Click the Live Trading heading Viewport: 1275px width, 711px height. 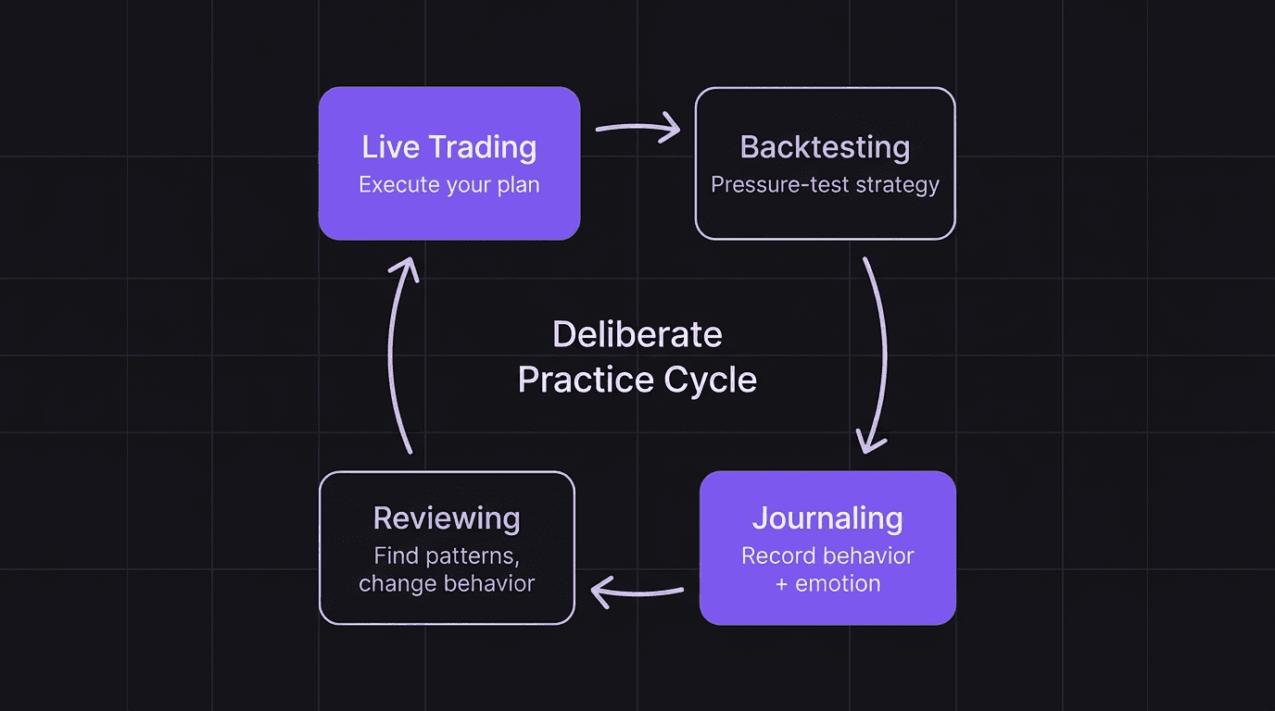(x=448, y=147)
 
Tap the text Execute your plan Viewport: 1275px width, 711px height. (x=448, y=185)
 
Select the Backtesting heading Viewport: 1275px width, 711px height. (x=825, y=147)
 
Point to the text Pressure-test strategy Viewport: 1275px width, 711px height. (x=825, y=185)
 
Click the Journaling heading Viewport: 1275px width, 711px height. (x=827, y=518)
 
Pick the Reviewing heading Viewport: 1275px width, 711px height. (x=447, y=518)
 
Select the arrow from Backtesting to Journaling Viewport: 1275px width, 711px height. (x=877, y=356)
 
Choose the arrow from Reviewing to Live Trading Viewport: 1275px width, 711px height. (x=397, y=356)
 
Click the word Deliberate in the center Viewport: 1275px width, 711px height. (x=637, y=334)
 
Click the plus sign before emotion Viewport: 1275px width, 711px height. (x=781, y=584)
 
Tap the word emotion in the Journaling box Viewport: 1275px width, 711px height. (x=838, y=584)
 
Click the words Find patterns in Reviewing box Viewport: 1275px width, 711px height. (x=447, y=556)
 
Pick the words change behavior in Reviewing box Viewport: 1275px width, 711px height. (x=447, y=584)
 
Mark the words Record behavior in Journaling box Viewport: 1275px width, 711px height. (x=827, y=556)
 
